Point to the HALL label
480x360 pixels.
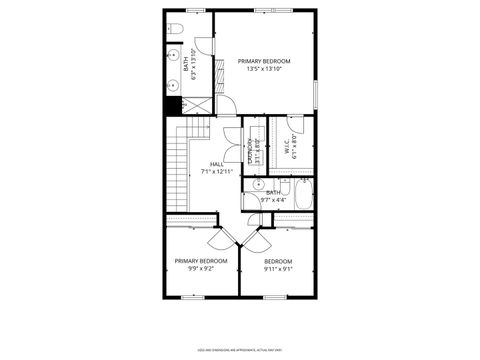pyautogui.click(x=217, y=164)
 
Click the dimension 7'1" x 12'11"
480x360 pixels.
pyautogui.click(x=217, y=171)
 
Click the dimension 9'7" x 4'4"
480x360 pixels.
pyautogui.click(x=273, y=198)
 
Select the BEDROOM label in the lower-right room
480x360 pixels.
pyautogui.click(x=278, y=261)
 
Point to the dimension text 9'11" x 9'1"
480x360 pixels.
pyautogui.click(x=278, y=268)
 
